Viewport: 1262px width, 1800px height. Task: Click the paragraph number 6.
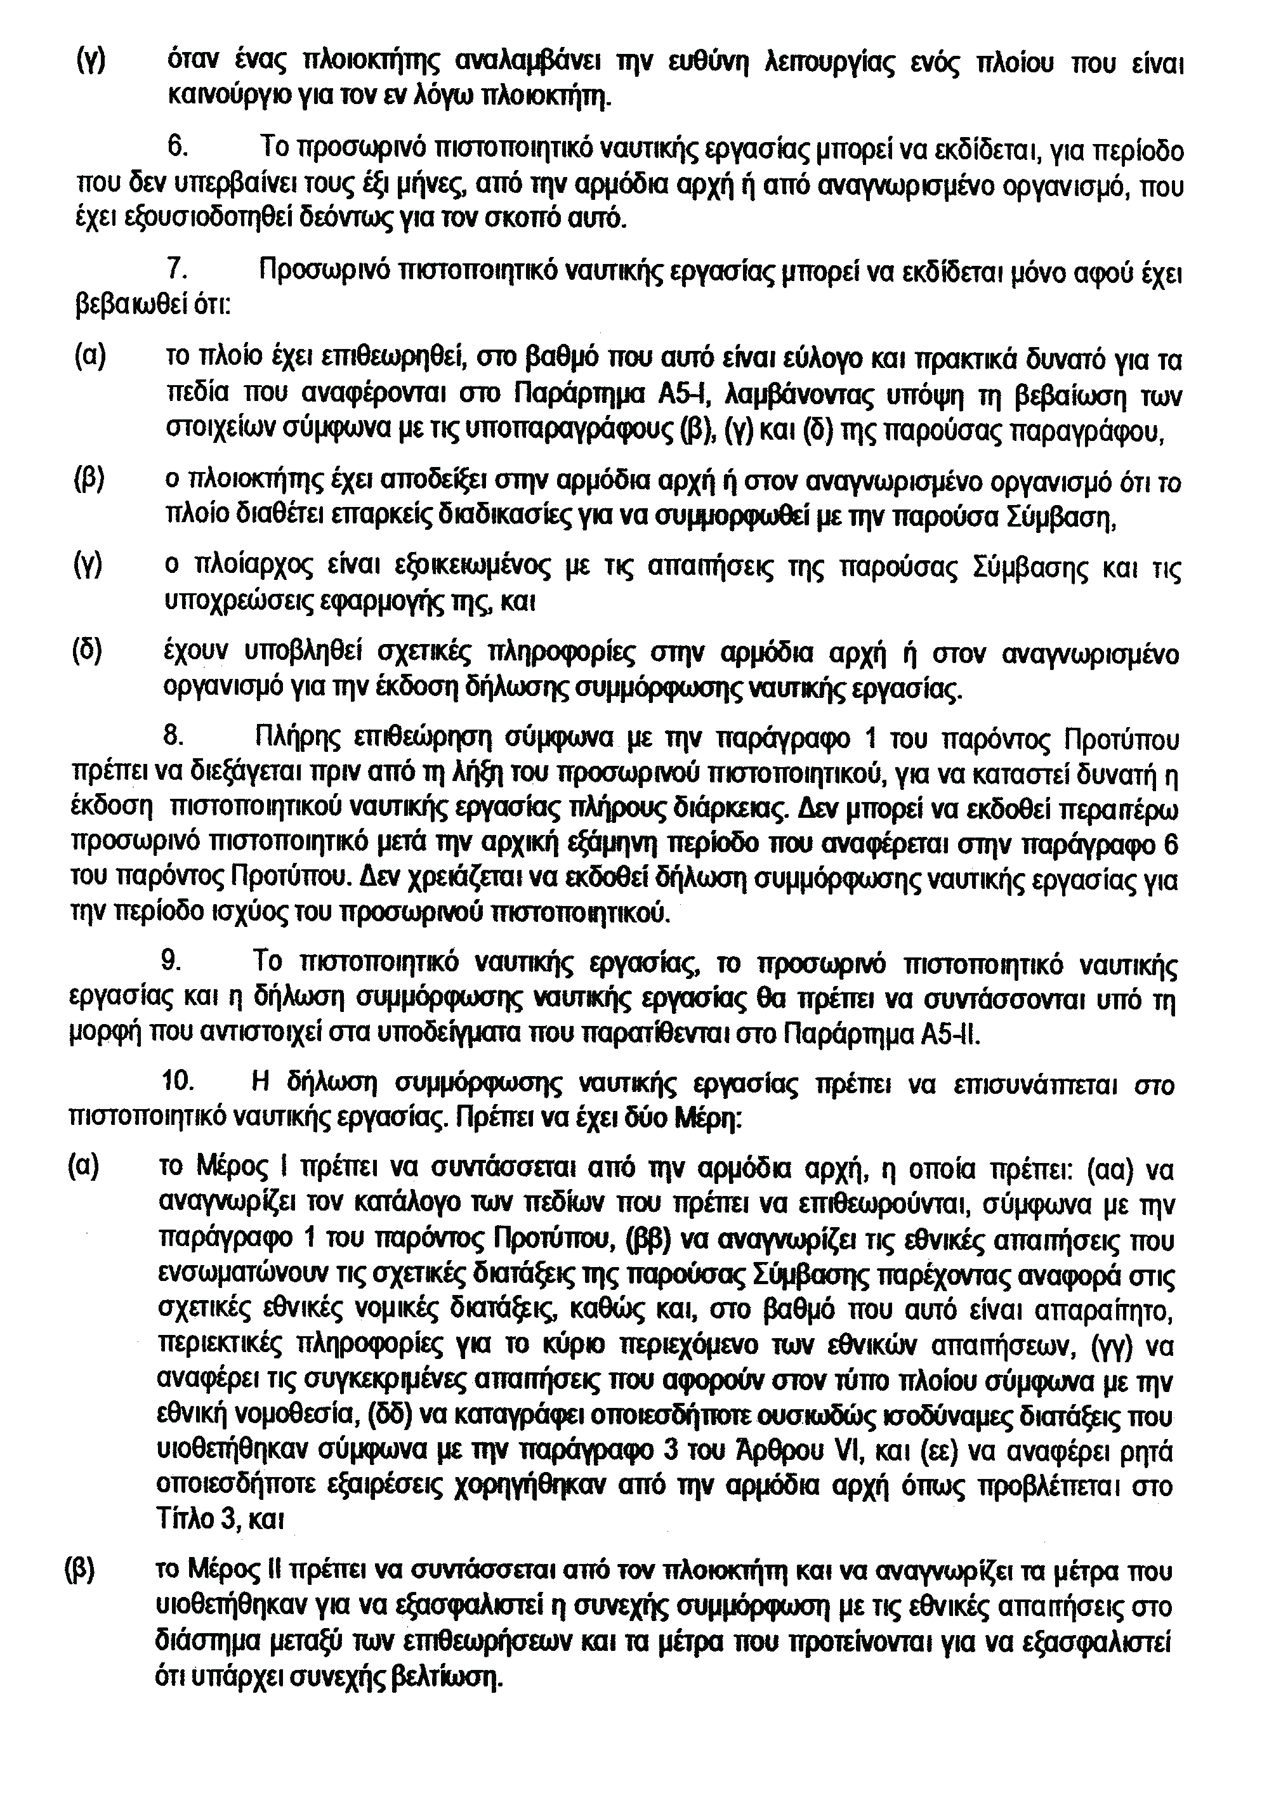(176, 148)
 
